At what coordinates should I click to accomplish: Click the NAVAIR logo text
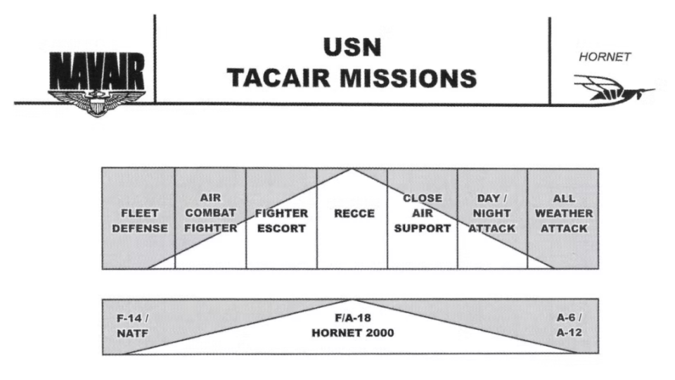(x=96, y=73)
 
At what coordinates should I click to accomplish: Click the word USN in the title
(x=352, y=48)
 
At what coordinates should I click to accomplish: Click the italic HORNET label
(x=605, y=58)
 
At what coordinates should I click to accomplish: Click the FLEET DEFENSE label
(x=139, y=220)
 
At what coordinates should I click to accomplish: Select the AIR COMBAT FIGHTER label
(x=210, y=213)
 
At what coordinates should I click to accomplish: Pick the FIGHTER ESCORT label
(x=281, y=220)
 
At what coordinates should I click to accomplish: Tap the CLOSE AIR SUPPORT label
(x=423, y=213)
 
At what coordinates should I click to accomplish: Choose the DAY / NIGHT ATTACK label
(x=492, y=213)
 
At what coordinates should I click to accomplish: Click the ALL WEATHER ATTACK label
(x=564, y=213)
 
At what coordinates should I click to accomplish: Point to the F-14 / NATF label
(x=133, y=325)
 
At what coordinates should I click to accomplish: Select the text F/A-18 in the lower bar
(x=353, y=317)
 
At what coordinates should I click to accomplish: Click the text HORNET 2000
(x=353, y=333)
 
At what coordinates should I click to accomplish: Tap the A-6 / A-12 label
(x=570, y=325)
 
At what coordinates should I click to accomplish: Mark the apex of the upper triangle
(x=352, y=169)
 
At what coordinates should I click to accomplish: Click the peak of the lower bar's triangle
(x=352, y=300)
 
